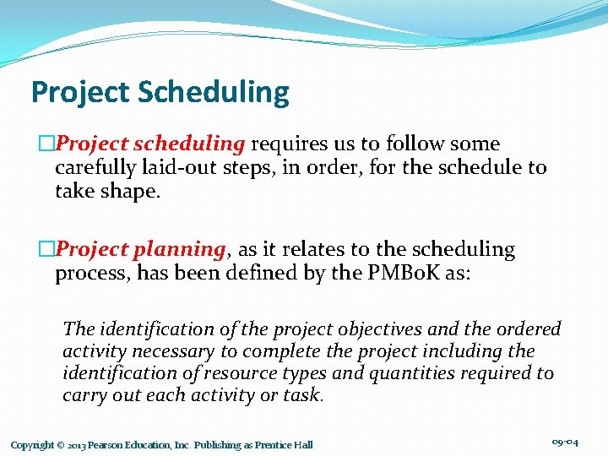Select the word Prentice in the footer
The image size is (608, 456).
271,445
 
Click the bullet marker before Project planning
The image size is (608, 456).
46,250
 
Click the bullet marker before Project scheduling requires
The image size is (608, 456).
46,144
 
